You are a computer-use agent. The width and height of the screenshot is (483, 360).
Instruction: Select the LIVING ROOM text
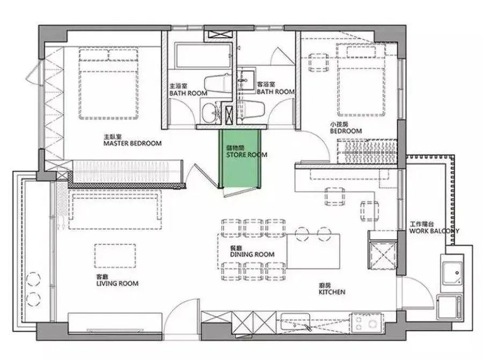(117, 283)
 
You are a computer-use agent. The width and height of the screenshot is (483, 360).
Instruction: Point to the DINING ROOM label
(252, 254)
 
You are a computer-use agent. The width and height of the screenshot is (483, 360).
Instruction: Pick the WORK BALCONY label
(434, 231)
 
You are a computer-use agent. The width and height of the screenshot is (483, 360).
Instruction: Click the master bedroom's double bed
(110, 83)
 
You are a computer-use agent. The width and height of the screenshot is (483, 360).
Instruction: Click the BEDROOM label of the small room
(346, 130)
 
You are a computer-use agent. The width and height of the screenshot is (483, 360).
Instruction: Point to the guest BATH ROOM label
(275, 92)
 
